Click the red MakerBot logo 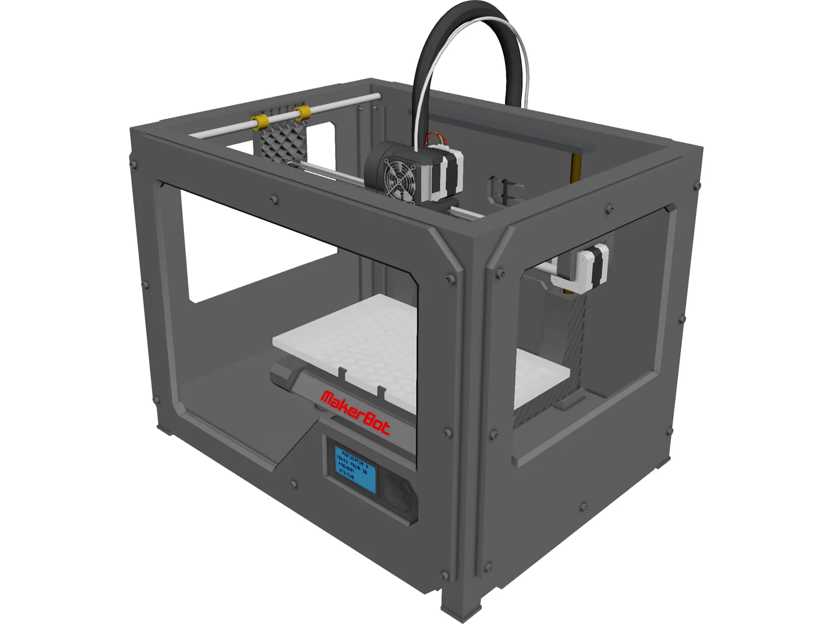[x=355, y=412]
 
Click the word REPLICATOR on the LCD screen [x=354, y=457]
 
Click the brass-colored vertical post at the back [x=576, y=166]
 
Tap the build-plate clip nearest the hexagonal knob [x=342, y=373]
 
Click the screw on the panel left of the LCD [x=294, y=485]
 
